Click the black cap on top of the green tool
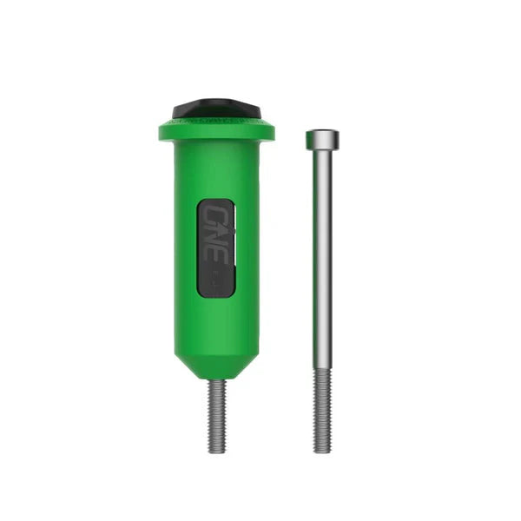tap(216, 109)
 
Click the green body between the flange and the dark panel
tap(216, 169)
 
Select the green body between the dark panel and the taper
tap(216, 326)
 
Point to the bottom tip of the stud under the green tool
tap(217, 451)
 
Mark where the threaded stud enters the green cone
tap(217, 380)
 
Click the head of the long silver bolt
tap(322, 139)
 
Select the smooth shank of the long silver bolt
tap(322, 260)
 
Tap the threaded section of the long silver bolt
tap(322, 408)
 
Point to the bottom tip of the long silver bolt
tap(322, 451)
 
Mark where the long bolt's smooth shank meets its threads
tap(322, 367)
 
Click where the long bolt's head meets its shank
tap(322, 149)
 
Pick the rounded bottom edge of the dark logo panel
tap(216, 295)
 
